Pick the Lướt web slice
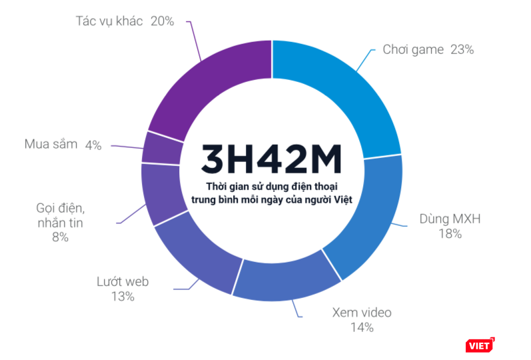(x=197, y=257)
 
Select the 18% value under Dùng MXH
(x=450, y=233)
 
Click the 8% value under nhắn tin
(x=59, y=237)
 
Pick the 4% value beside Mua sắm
(x=93, y=145)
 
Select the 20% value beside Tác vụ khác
(x=162, y=21)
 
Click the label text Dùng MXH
(x=450, y=219)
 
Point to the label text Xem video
(x=362, y=312)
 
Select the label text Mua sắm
(x=51, y=144)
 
